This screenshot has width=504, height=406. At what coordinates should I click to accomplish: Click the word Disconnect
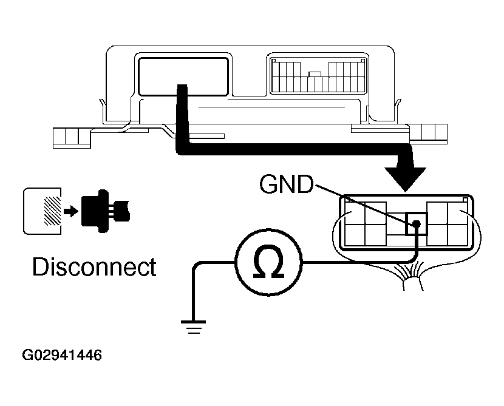tap(94, 267)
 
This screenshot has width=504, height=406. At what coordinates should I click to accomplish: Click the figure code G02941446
tap(62, 354)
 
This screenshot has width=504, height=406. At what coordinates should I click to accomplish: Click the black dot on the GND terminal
tap(417, 225)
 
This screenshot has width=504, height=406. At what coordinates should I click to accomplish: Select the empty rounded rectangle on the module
tap(183, 75)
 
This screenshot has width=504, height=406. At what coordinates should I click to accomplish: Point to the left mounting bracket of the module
tap(72, 137)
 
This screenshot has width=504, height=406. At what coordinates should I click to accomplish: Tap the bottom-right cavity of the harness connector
tap(456, 234)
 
